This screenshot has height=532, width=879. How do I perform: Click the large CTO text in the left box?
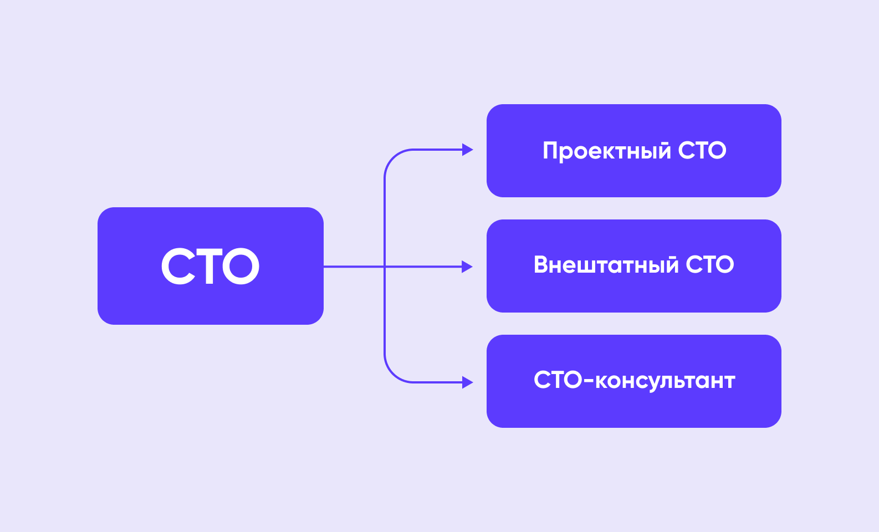[x=211, y=266]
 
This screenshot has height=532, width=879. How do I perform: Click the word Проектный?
[x=607, y=151]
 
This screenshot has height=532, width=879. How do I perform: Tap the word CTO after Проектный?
[x=702, y=150]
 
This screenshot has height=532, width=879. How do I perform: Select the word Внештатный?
[x=606, y=264]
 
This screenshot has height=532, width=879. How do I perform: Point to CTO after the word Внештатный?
[x=709, y=264]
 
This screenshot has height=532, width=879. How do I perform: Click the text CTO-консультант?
[x=634, y=381]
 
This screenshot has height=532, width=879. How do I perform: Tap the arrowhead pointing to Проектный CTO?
[x=467, y=150]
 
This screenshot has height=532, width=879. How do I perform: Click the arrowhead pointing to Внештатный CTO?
[x=467, y=267]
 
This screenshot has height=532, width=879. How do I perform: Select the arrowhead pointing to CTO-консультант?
[x=467, y=382]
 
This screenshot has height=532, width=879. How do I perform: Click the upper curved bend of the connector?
[x=393, y=158]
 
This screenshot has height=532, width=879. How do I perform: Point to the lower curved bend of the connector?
[x=393, y=374]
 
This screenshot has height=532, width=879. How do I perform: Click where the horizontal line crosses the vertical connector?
[x=385, y=267]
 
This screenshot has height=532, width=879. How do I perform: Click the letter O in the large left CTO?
[x=241, y=266]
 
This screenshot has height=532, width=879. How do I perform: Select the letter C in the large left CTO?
[x=178, y=266]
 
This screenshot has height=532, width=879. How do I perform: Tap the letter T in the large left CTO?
[x=209, y=266]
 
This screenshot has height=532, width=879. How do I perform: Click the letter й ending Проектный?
[x=663, y=150]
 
